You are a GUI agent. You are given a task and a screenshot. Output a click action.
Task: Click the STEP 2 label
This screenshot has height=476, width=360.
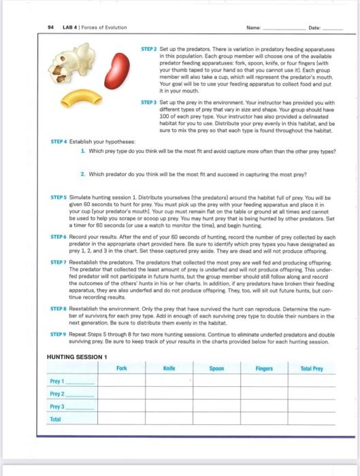pyautogui.click(x=149, y=50)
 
